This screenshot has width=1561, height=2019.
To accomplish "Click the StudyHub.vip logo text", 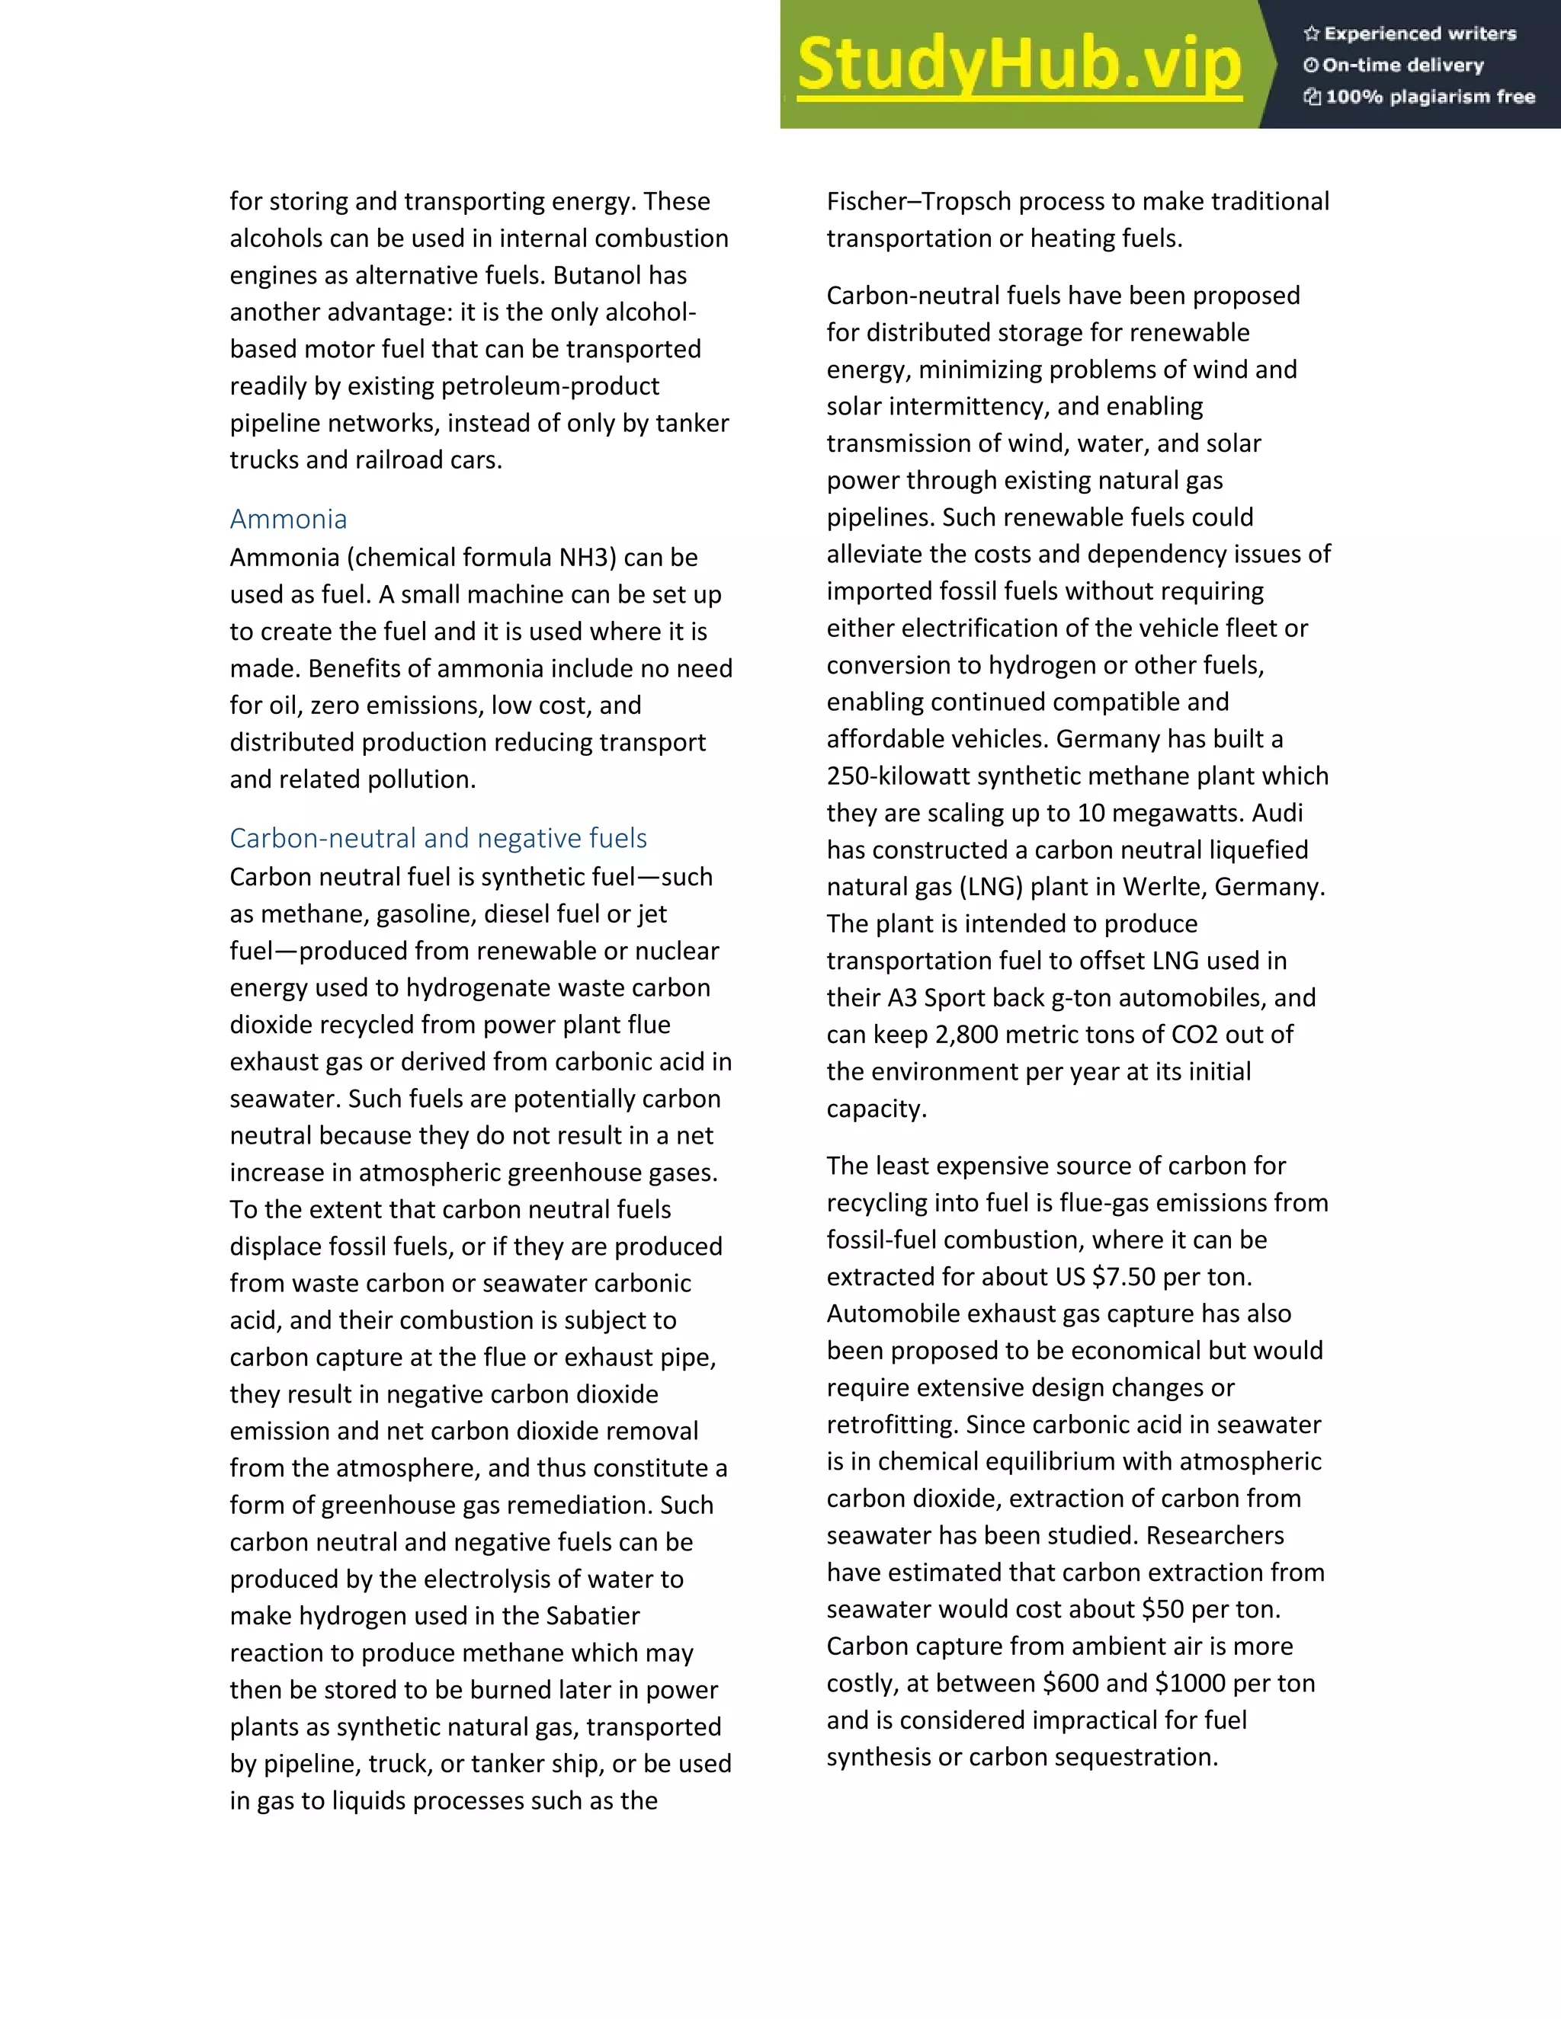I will tap(1018, 65).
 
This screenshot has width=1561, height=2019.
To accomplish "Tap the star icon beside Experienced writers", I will tap(1310, 34).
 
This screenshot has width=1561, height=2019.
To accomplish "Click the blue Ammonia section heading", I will tap(287, 519).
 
